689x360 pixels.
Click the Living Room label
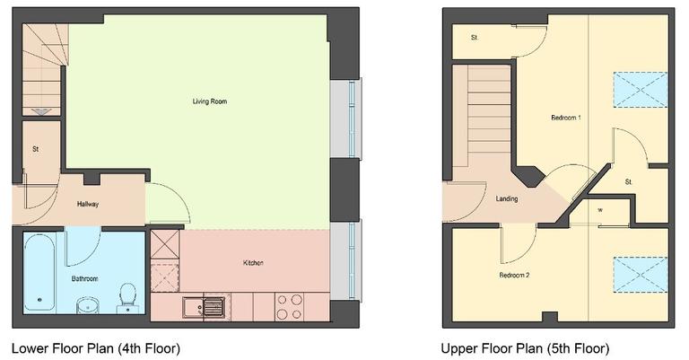pos(209,101)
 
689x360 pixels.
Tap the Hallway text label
pos(87,204)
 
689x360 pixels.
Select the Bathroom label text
pos(84,279)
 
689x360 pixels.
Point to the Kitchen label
pos(253,263)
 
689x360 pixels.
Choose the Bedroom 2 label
pos(514,275)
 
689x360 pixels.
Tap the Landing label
pos(508,199)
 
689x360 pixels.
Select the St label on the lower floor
pos(36,148)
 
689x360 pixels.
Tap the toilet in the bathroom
pos(127,296)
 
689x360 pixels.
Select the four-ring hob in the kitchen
pos(289,307)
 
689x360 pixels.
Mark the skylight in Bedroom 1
pos(640,90)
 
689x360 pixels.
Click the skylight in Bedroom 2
pos(640,276)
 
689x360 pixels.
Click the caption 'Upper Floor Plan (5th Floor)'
pos(525,347)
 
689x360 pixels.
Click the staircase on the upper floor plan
pos(481,108)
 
